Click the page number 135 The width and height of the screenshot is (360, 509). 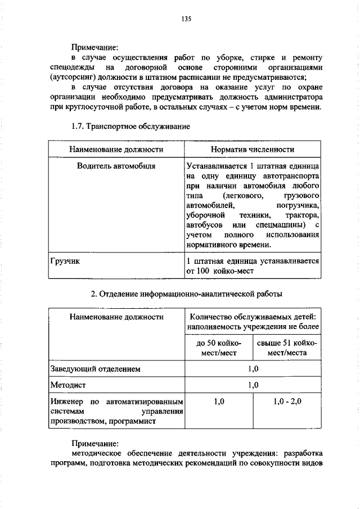point(186,19)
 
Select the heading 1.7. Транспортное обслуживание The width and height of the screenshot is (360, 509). point(131,127)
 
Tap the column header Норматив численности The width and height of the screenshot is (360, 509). point(253,150)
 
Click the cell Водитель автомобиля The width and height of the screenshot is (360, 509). point(116,166)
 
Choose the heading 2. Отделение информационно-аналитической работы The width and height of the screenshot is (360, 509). point(186,294)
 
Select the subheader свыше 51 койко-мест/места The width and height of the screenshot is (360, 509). point(287,348)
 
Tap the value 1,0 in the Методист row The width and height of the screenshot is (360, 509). point(253,385)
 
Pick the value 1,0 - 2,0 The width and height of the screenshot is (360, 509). point(287,402)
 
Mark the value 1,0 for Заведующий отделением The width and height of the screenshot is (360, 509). point(253,369)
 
